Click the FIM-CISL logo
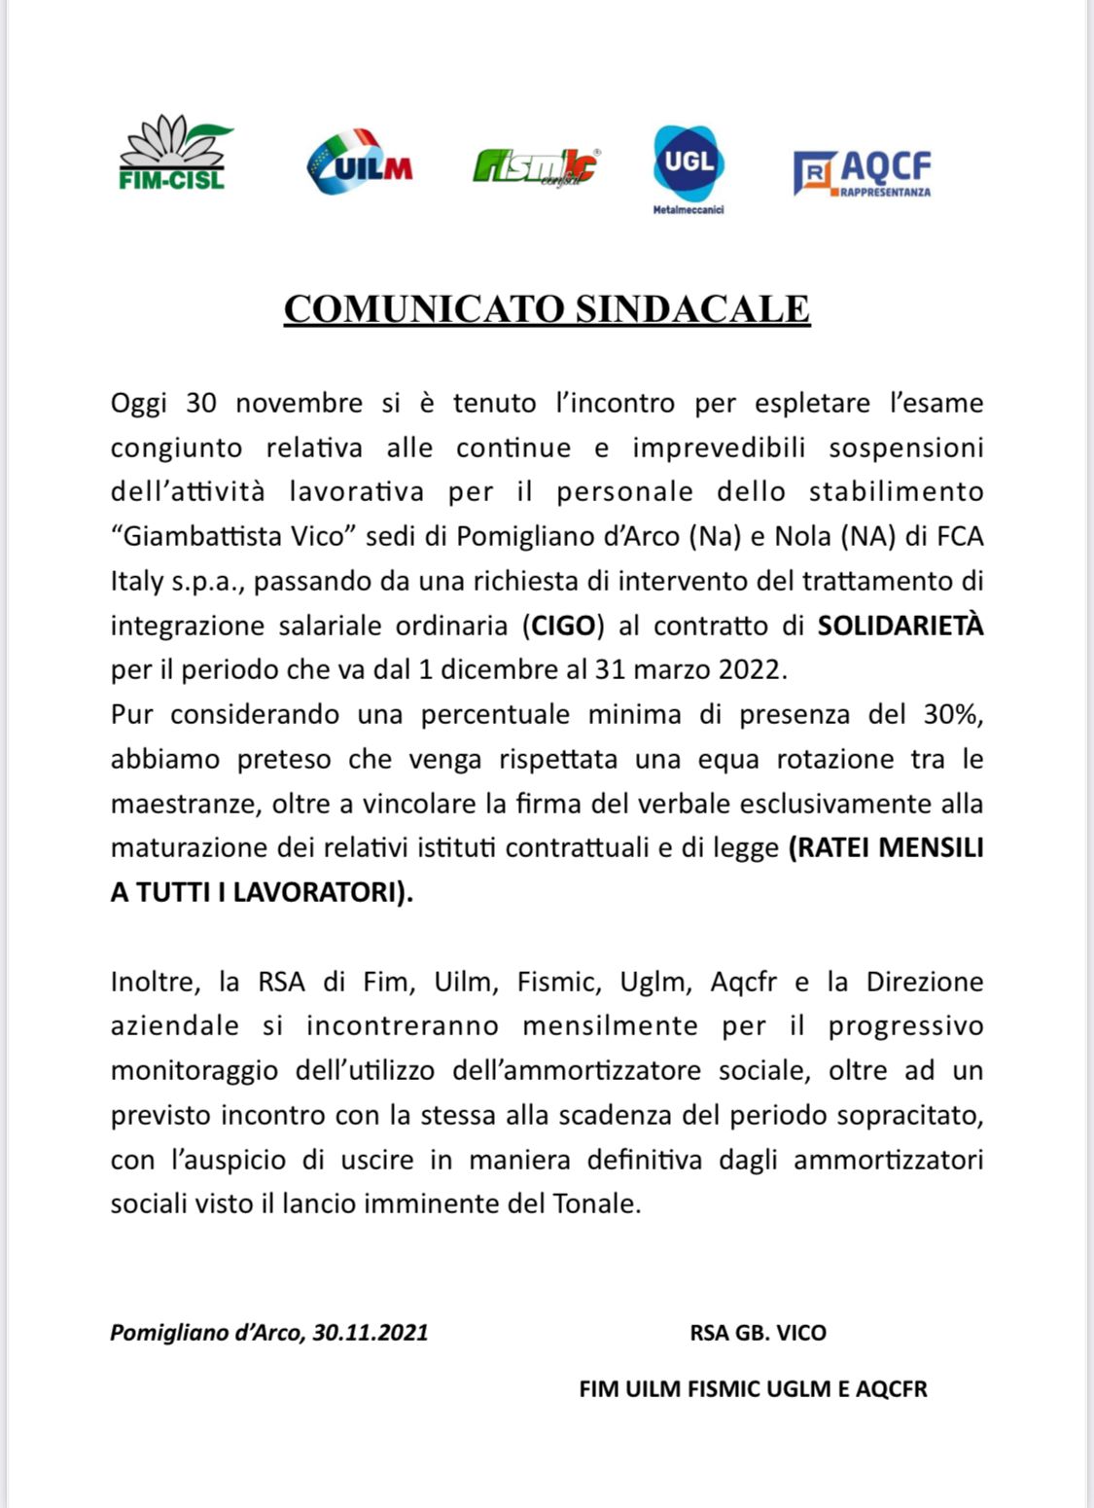coord(172,154)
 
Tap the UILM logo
coord(359,161)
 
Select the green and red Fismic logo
coord(536,166)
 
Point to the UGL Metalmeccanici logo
coord(688,166)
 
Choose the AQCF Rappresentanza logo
coord(863,174)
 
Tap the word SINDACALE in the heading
coord(692,308)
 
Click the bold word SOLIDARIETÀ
coord(900,625)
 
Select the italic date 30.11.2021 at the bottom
coord(371,1332)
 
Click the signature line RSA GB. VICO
coord(758,1332)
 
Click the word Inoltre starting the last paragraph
coord(155,982)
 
